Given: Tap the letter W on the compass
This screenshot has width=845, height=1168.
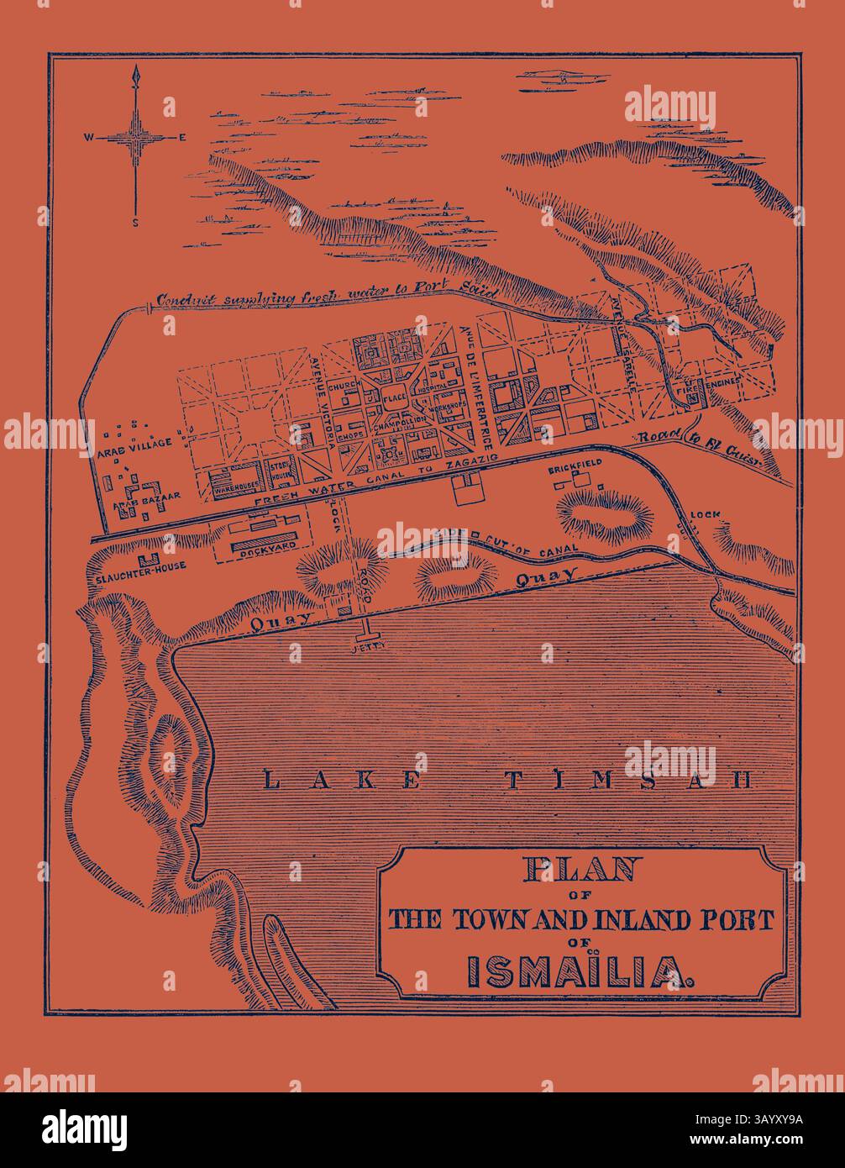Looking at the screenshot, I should [88, 137].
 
